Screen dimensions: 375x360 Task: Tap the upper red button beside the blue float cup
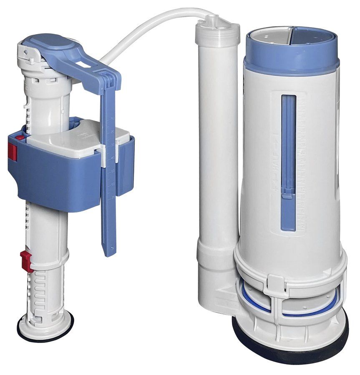[12, 151]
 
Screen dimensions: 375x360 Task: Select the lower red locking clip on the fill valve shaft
[26, 260]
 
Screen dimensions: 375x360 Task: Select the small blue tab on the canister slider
[288, 192]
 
